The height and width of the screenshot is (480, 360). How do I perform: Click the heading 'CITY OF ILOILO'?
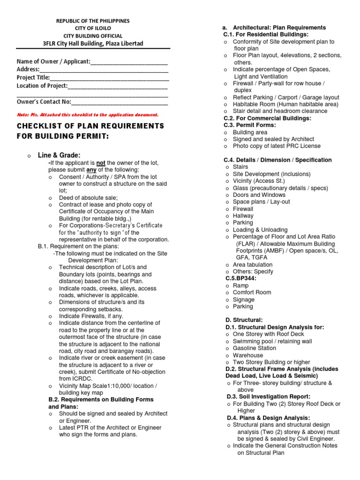point(92,29)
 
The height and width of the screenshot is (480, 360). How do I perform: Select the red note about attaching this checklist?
point(88,114)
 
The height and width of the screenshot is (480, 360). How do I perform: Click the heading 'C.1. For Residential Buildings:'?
point(266,35)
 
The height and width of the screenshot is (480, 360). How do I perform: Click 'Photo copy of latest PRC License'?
point(277,146)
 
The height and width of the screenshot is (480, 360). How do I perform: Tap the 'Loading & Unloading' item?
point(260,230)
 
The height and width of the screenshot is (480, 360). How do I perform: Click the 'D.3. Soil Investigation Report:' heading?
point(268,397)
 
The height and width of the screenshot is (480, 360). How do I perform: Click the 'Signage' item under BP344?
point(244,300)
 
